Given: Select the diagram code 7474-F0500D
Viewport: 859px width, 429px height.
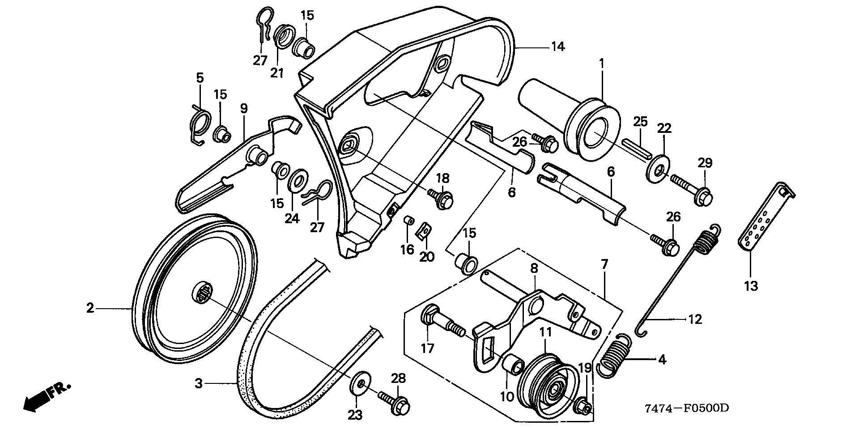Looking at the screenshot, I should (x=687, y=408).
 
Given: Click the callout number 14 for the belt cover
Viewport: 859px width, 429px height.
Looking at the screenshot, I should (x=558, y=46).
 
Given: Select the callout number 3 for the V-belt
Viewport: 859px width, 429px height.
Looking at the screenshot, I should (x=199, y=383).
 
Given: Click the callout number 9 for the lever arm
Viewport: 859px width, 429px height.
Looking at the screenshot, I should (x=244, y=108).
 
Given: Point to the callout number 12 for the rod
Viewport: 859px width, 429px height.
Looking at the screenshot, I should (x=695, y=319).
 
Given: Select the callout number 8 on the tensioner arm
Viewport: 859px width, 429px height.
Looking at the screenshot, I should (x=534, y=268).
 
